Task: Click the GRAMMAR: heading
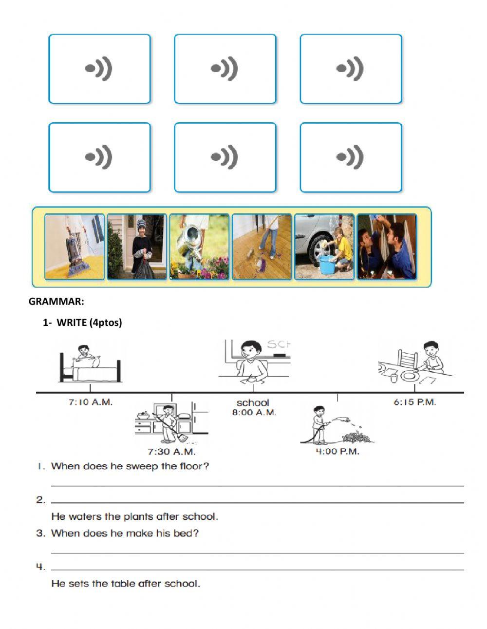coord(56,302)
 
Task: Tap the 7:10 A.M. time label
coord(90,402)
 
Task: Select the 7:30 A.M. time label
coord(171,451)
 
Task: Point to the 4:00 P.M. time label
coord(337,451)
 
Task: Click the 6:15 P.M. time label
coord(414,402)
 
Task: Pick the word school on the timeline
coord(253,403)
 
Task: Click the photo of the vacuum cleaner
coord(75,247)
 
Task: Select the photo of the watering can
coord(199,247)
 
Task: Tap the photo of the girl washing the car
coord(324,247)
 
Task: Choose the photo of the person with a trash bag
coord(137,247)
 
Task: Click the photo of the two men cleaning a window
coord(387,247)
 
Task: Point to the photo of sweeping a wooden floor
coord(262,247)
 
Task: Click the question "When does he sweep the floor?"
coord(130,466)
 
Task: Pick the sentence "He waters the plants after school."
coord(134,516)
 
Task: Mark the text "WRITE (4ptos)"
coord(89,323)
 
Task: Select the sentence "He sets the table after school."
coord(126,584)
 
